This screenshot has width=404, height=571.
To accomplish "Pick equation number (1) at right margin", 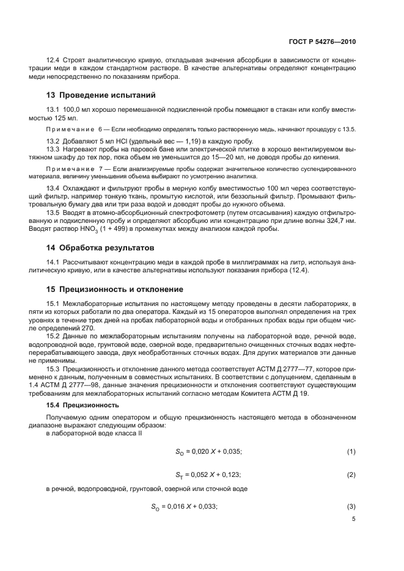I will point(351,451).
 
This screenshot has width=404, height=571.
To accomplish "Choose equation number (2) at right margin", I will point(351,475).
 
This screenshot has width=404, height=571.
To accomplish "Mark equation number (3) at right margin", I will point(351,506).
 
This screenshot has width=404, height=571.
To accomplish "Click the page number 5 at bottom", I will point(353,520).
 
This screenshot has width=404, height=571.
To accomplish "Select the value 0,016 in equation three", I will point(177,506).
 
